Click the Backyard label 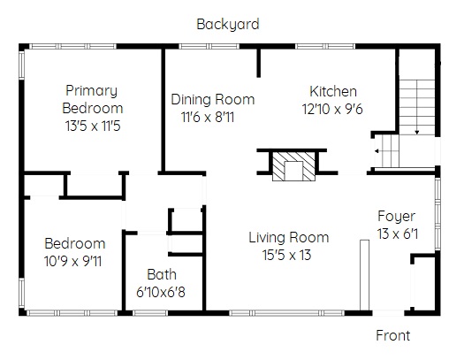[x=228, y=24]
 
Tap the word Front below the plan [x=393, y=336]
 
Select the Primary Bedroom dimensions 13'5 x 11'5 [x=93, y=126]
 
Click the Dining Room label [x=213, y=99]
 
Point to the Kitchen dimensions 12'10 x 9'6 [x=332, y=109]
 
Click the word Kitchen [x=333, y=91]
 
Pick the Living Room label [x=288, y=237]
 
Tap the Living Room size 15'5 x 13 [x=286, y=255]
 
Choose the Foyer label [x=397, y=217]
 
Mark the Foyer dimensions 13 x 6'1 [x=398, y=234]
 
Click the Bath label [x=162, y=274]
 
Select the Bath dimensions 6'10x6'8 [x=161, y=292]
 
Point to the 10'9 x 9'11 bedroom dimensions [x=72, y=261]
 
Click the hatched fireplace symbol [x=293, y=166]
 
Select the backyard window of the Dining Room [x=209, y=46]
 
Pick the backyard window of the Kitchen [x=325, y=46]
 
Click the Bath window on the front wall [x=149, y=313]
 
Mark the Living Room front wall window [x=286, y=313]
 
